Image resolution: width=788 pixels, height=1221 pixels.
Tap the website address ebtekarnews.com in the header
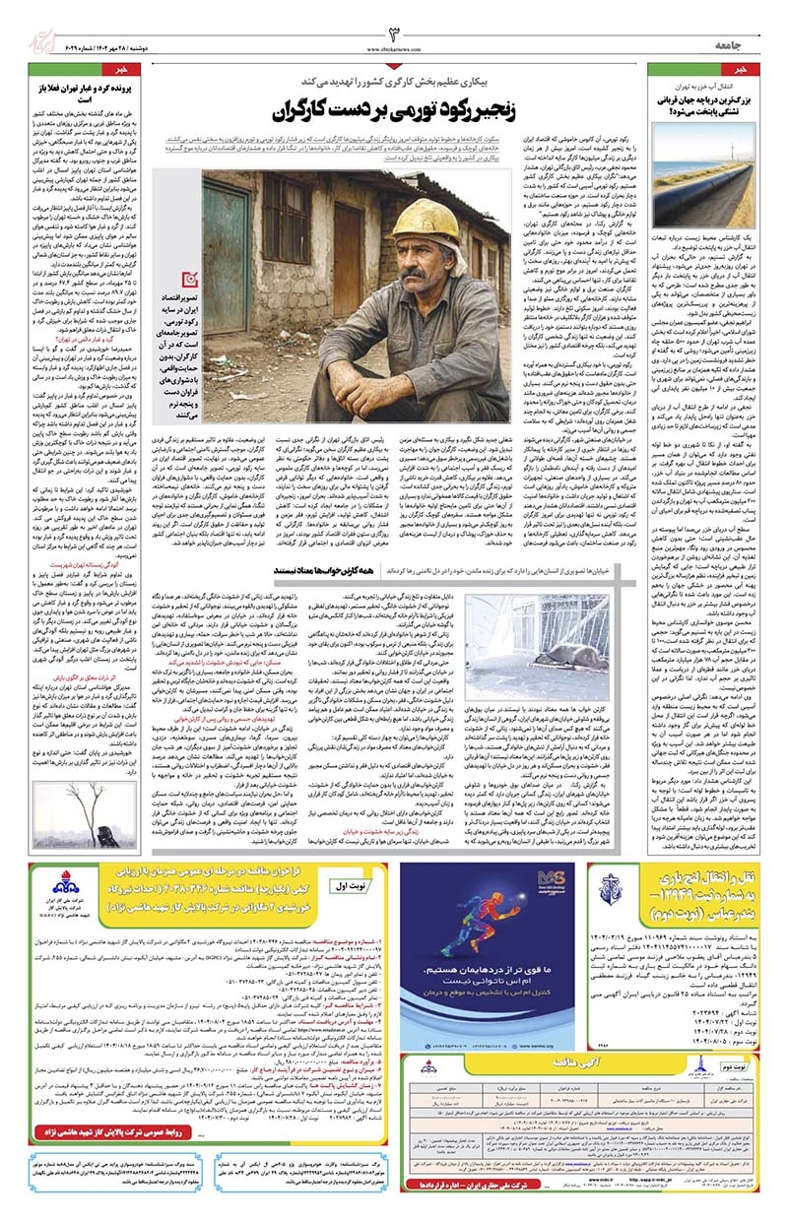(392, 46)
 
